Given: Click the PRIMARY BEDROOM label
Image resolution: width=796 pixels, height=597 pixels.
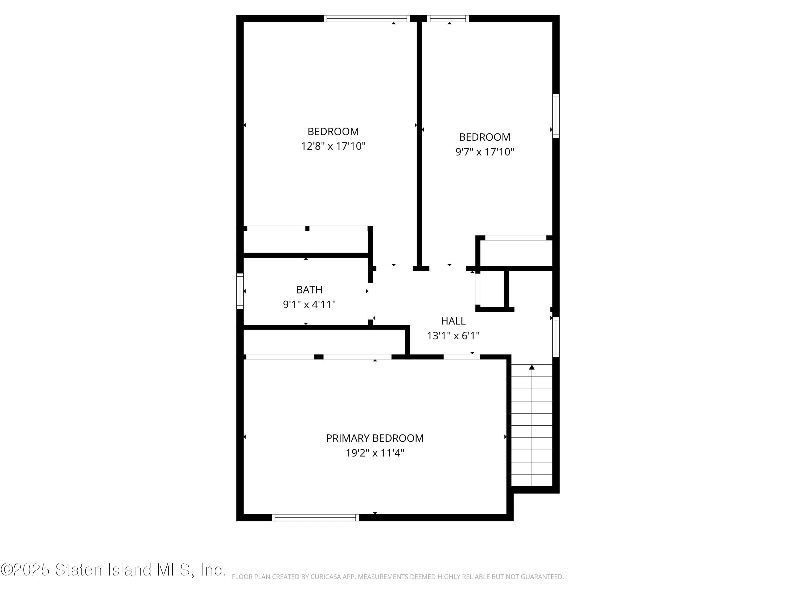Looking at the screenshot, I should pos(375,438).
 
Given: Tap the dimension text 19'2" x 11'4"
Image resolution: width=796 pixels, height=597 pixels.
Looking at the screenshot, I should pos(375,453).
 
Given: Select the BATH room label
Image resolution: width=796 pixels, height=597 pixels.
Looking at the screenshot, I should pos(309,290).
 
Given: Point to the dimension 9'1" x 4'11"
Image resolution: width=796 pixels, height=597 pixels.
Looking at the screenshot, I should pos(309,304).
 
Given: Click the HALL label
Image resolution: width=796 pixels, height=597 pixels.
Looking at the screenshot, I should pos(453,321).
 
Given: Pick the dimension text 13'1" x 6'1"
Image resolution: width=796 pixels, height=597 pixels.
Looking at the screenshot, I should pos(453,336).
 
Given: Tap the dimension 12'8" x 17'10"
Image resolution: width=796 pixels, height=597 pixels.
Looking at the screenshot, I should pos(333,146).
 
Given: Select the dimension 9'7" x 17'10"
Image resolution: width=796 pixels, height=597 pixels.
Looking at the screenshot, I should pos(484,152).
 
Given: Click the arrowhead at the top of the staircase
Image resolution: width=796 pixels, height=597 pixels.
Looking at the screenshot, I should pos(532,367).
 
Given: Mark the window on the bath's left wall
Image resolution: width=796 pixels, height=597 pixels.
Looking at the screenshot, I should pos(240,291).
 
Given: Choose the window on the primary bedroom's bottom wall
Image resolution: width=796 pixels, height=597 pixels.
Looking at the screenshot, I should pos(315,517).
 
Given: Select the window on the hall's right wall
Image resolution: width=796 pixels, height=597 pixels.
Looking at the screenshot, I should pos(556,337).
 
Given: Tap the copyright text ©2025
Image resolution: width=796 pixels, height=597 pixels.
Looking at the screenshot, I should pos(25,570).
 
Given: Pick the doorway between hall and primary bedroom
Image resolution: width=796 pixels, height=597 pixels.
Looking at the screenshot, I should pos(461,357).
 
